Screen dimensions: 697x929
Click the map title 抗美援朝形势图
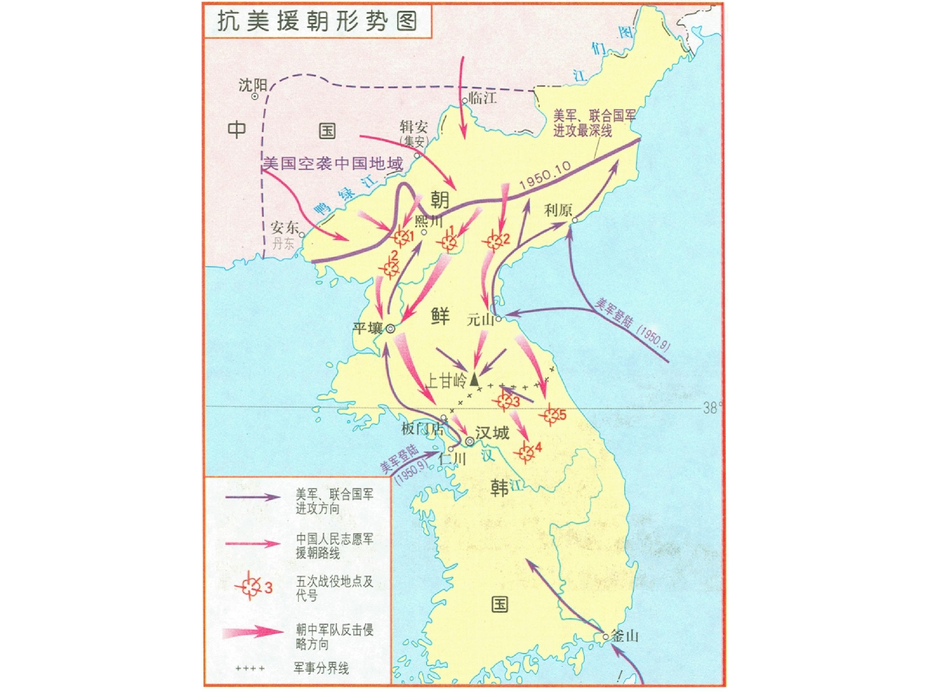(317, 21)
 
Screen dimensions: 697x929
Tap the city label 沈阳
(253, 85)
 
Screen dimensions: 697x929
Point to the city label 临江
(483, 97)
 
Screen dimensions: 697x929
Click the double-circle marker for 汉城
(470, 441)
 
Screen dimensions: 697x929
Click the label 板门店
(423, 429)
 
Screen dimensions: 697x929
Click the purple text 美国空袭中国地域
(333, 163)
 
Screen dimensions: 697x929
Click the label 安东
(284, 228)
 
